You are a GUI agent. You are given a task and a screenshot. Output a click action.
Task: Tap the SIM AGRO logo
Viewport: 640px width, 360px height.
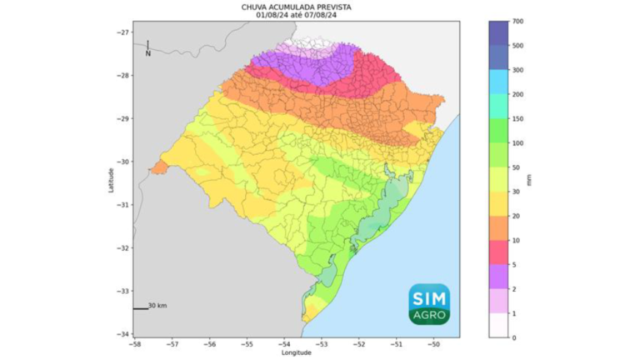[429, 304]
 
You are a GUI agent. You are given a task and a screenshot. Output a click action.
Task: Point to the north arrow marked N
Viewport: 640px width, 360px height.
[147, 48]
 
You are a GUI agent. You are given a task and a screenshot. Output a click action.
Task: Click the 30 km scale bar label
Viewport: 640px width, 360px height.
[157, 306]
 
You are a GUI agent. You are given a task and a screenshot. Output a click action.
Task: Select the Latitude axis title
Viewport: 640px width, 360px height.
[110, 178]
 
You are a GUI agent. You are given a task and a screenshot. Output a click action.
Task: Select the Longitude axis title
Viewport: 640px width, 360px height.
[296, 352]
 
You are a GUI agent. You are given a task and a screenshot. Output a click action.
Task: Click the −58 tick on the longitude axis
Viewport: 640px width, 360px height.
[134, 342]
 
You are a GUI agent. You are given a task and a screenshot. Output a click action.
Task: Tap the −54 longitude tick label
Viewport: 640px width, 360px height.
[284, 342]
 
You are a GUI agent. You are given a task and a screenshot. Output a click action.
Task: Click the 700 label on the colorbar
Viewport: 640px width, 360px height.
[517, 21]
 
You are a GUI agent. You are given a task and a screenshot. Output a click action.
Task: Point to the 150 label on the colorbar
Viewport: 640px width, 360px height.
[517, 118]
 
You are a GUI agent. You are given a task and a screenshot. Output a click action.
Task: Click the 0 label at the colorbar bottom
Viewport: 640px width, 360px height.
[514, 337]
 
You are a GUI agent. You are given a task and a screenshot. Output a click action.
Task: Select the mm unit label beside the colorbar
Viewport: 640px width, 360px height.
[539, 178]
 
